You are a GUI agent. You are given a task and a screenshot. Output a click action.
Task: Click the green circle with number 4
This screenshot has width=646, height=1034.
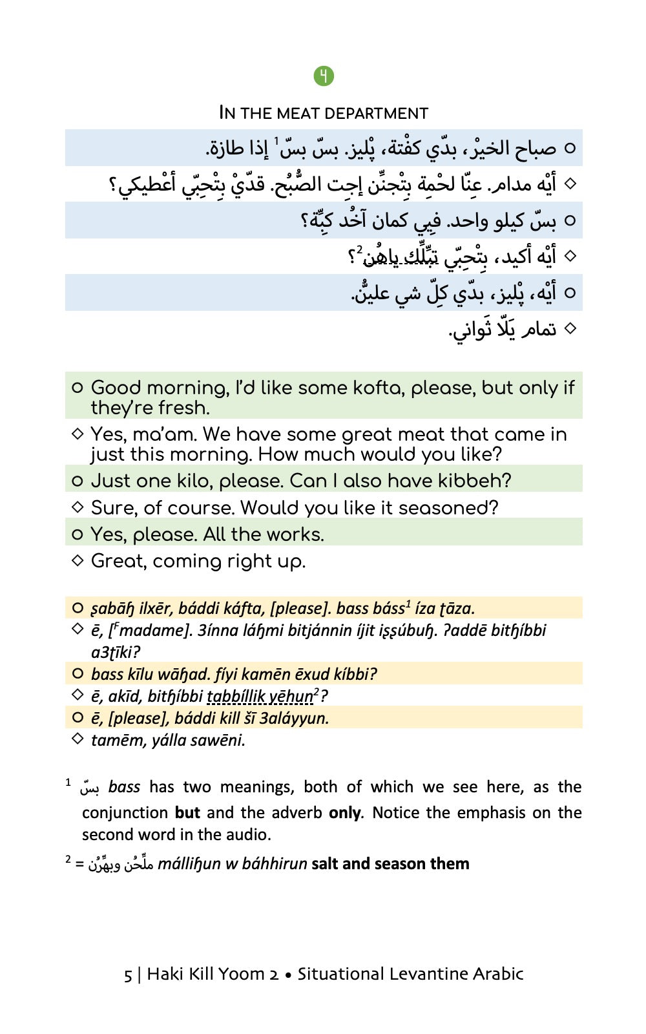tap(324, 76)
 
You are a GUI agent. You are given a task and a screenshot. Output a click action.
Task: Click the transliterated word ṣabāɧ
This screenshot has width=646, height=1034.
tap(113, 609)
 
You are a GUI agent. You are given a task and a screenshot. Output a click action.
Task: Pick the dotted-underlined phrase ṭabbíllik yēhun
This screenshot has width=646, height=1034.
tap(260, 697)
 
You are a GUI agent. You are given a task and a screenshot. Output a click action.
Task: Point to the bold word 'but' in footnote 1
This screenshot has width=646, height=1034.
tap(187, 812)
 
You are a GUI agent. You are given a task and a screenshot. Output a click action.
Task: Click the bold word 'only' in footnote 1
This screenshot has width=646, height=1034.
tap(344, 812)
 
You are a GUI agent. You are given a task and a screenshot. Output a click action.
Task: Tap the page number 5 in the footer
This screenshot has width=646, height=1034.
tap(128, 975)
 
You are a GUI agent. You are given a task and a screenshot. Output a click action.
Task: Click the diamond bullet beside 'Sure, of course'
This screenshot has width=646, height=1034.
tap(78, 507)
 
